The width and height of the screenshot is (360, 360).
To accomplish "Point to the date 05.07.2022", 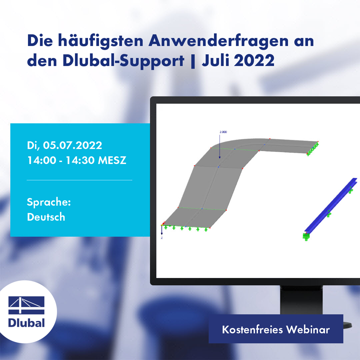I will pos(73,145).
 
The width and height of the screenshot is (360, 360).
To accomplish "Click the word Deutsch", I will pos(46,217).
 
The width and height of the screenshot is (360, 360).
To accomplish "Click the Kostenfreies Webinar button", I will pos(276,329).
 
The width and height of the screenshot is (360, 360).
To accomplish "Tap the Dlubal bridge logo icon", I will pos(27,305).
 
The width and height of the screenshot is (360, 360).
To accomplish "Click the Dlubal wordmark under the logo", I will pos(27,323).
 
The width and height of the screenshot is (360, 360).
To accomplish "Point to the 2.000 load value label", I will pos(223,132).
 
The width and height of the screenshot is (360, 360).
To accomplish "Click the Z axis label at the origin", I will pos(162,238).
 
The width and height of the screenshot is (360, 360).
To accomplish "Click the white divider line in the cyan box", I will pos(79,180).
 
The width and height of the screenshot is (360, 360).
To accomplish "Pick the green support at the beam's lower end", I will pos(306,237).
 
